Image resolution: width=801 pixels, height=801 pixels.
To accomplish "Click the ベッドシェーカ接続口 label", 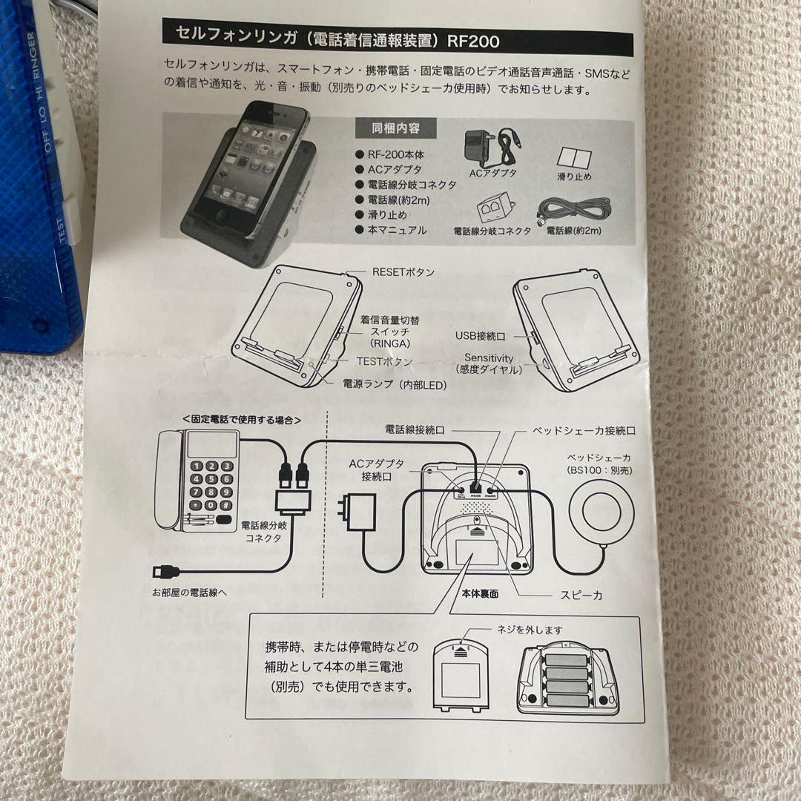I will (584, 430).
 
